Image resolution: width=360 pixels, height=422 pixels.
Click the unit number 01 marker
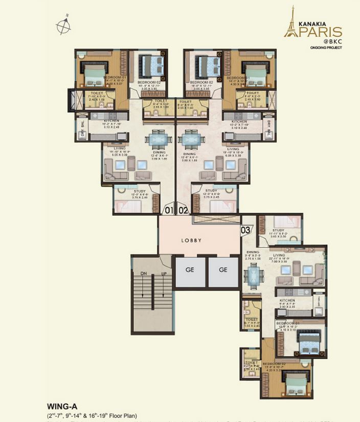(x=168, y=210)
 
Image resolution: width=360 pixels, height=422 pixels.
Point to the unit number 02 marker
(x=183, y=210)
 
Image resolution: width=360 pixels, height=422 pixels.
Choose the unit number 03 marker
(x=246, y=230)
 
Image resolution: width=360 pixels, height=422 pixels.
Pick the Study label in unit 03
(x=279, y=231)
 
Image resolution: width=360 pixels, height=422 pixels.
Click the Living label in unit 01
(x=120, y=149)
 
